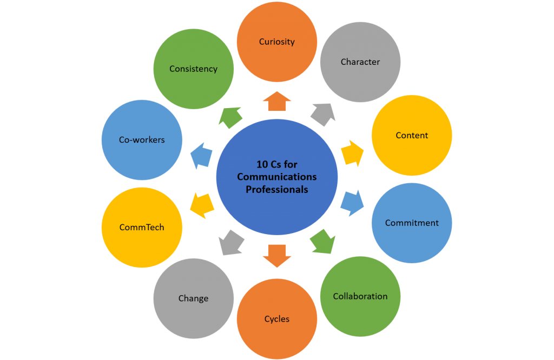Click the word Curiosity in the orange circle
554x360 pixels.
(x=276, y=42)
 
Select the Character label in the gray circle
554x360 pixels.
(x=360, y=62)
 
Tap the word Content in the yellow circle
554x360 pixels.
(x=412, y=136)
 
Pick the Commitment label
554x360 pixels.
(x=412, y=223)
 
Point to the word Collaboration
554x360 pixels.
(x=360, y=296)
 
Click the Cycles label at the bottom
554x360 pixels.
(x=276, y=319)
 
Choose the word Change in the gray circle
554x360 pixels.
(x=193, y=298)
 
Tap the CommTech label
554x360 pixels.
(x=142, y=228)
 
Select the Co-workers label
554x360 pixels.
(x=142, y=140)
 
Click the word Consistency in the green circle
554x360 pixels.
(x=193, y=69)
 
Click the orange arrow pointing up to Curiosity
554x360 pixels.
(x=276, y=102)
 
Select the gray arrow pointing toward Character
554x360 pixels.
(x=322, y=115)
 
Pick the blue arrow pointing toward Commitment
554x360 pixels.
(x=352, y=202)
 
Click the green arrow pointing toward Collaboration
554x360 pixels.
(x=323, y=241)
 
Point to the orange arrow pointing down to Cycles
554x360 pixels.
(x=276, y=255)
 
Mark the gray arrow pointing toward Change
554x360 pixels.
(x=231, y=242)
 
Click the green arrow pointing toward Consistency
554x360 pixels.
(x=231, y=116)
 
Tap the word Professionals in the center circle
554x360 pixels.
(x=276, y=190)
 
